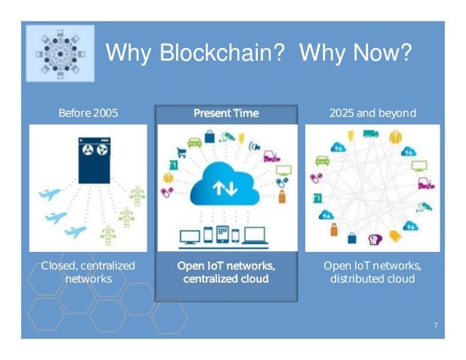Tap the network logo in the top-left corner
click(61, 53)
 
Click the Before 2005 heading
click(88, 114)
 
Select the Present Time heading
click(226, 114)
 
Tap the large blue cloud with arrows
click(226, 185)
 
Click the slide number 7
click(435, 324)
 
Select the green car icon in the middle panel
click(194, 142)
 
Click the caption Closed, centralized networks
click(88, 272)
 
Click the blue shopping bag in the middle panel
click(210, 137)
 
